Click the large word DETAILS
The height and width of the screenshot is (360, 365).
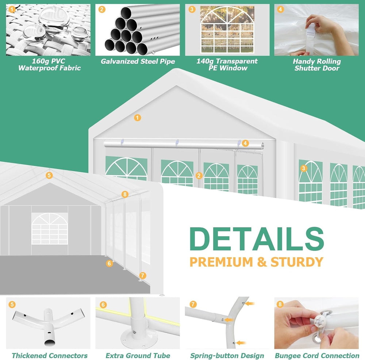click(x=257, y=239)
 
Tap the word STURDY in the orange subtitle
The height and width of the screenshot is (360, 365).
click(x=297, y=262)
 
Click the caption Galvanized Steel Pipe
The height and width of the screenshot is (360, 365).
click(x=138, y=61)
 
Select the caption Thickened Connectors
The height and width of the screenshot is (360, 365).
click(x=50, y=356)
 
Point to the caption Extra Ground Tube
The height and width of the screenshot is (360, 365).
click(x=138, y=356)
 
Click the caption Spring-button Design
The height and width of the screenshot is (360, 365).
click(x=227, y=356)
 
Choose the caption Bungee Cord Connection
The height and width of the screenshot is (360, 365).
click(x=317, y=356)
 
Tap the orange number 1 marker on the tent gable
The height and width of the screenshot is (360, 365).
click(x=137, y=118)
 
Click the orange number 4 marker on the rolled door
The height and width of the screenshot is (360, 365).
click(x=245, y=143)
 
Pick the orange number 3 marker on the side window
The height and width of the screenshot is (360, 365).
click(x=303, y=168)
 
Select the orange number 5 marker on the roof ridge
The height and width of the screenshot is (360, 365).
click(x=49, y=175)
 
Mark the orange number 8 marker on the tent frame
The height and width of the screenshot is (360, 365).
click(x=125, y=194)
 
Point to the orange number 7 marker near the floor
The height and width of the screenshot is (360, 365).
click(x=142, y=276)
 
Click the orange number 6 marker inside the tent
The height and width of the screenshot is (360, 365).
click(x=109, y=263)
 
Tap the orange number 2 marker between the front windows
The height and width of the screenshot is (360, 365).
click(x=199, y=176)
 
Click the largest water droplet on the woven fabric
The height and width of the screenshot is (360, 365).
click(x=54, y=17)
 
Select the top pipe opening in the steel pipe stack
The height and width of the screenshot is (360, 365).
click(x=126, y=13)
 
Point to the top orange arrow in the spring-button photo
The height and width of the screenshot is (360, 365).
click(x=250, y=304)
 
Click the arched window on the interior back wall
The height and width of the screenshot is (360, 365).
click(x=50, y=229)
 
